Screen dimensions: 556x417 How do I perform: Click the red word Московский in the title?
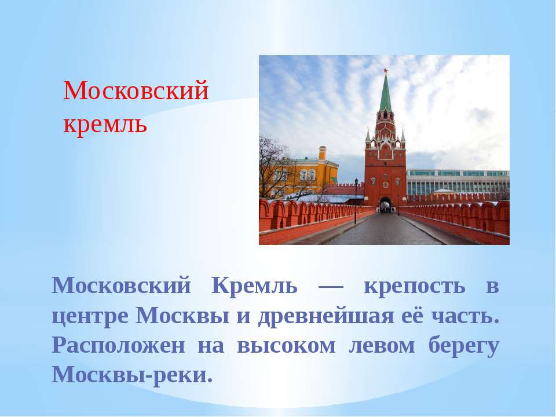point(136,90)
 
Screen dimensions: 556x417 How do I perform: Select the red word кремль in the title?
point(105,125)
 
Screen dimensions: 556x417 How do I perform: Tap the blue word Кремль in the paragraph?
point(254,285)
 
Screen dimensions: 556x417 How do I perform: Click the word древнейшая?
point(326,316)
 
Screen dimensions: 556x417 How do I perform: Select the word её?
point(412,315)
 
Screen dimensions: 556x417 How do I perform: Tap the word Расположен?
point(118,345)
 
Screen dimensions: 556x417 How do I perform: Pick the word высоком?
point(286,346)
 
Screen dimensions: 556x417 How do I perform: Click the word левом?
point(382,346)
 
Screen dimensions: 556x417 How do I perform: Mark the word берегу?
point(463,346)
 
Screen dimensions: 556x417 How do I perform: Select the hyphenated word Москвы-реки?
point(132,375)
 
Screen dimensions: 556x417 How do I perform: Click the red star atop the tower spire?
point(386,71)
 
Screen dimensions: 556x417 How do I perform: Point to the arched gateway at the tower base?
point(386,205)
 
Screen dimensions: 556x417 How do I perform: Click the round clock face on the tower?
point(386,185)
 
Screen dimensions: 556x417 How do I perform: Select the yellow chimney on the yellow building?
point(323,153)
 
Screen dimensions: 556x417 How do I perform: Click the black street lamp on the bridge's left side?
point(356,201)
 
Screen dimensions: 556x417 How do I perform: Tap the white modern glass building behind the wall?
point(458,181)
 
